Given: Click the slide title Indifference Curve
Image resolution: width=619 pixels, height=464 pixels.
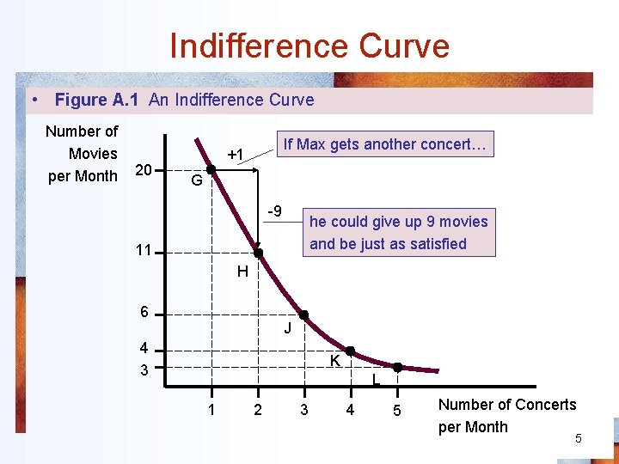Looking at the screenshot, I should [309, 46].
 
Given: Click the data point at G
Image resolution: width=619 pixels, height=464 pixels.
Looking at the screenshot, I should [211, 170].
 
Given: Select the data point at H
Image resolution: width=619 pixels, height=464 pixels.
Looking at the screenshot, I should [257, 253].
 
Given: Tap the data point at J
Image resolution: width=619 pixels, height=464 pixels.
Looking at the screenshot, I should [303, 315].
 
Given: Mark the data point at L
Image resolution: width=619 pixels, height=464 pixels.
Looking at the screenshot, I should [397, 367].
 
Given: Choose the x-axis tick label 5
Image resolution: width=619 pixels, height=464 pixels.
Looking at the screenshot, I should [396, 411].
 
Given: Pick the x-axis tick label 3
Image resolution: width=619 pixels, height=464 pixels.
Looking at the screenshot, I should [303, 410].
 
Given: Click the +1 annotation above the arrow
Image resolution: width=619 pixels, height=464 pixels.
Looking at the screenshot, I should [236, 155].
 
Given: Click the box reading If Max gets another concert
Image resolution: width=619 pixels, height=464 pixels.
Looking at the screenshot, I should [384, 144].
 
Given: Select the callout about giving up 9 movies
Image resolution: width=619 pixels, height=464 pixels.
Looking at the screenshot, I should [398, 232].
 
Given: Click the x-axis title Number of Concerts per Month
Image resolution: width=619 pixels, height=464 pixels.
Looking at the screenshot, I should [507, 415].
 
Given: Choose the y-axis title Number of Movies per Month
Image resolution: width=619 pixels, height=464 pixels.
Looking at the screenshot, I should [83, 154].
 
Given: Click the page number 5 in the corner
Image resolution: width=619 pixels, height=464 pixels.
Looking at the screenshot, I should [579, 439].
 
